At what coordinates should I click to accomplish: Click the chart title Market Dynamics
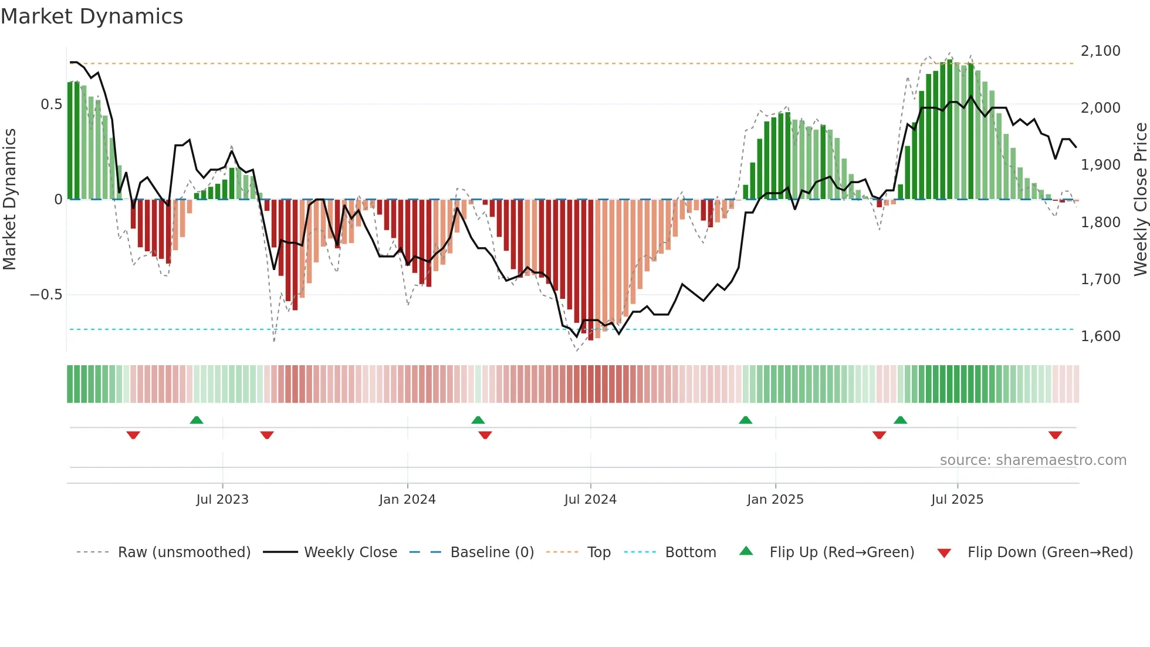pos(92,16)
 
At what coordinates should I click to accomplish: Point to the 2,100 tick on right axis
pos(1100,51)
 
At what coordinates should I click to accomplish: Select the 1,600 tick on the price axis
pos(1100,336)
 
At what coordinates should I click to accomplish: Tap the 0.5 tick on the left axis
pos(51,105)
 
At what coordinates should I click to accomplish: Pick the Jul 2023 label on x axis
pos(222,500)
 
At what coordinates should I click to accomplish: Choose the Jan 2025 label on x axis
pos(775,500)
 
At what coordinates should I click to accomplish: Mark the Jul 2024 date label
pos(590,500)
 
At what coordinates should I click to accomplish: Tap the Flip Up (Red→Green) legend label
pos(841,552)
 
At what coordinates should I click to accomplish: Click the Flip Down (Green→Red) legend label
pos(1050,552)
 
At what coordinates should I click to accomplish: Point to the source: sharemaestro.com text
pos(1033,460)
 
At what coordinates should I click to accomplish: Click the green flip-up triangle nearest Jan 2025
pos(745,420)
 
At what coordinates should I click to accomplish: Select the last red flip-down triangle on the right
pos(1055,435)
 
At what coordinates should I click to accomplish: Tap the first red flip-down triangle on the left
pos(133,435)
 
